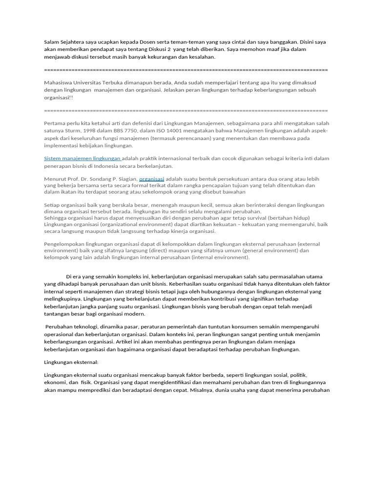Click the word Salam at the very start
tap(51, 42)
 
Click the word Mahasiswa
tap(58, 82)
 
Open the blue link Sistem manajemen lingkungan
tap(82, 159)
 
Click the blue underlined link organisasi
tap(152, 179)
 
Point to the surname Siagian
tap(125, 179)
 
